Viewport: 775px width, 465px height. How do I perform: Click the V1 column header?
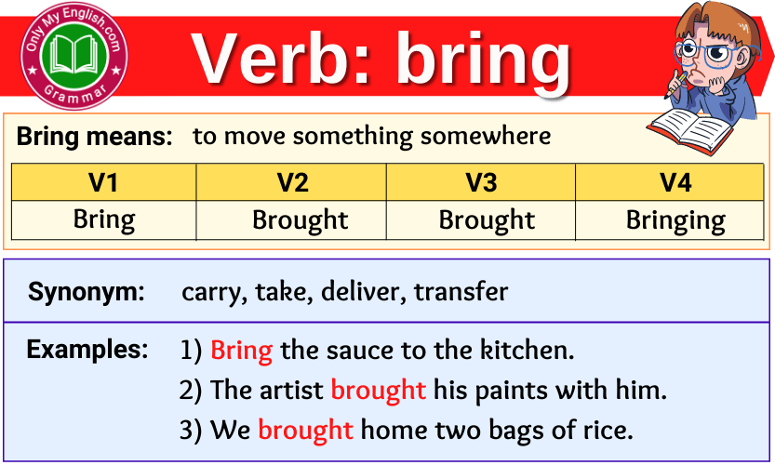(x=103, y=182)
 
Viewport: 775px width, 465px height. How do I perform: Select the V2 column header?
(x=291, y=182)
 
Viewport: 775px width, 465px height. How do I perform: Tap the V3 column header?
(x=480, y=182)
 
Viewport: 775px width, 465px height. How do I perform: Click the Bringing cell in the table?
(x=675, y=220)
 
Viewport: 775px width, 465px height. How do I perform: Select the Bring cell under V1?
(x=104, y=219)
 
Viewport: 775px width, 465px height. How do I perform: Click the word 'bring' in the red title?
(x=484, y=61)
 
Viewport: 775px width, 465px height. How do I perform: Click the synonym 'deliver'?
(x=360, y=291)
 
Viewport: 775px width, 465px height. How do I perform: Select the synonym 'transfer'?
(x=461, y=291)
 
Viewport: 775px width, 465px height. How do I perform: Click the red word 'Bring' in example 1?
(x=241, y=351)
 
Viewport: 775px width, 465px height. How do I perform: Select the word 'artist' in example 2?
(x=291, y=390)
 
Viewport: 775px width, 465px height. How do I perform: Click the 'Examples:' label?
(x=87, y=350)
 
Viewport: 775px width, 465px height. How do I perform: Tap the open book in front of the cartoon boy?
(x=692, y=130)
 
